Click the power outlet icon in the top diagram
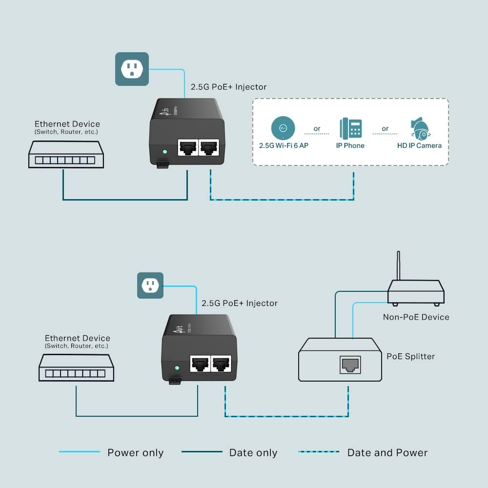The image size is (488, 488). click(132, 69)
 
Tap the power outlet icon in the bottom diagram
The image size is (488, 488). click(150, 285)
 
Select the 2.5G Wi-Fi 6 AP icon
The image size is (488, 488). click(283, 128)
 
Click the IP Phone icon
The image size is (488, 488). click(351, 128)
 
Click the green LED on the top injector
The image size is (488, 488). click(165, 151)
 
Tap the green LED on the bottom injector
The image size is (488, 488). click(177, 367)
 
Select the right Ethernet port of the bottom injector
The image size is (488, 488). click(220, 364)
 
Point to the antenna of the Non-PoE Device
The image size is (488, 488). click(399, 266)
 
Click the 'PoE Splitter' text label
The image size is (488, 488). click(410, 356)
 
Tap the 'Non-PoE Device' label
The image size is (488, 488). click(416, 317)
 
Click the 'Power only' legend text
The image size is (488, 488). click(135, 453)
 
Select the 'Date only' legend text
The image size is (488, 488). click(253, 453)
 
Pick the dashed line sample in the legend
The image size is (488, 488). click(319, 452)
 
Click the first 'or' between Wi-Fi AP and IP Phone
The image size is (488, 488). click(317, 129)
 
